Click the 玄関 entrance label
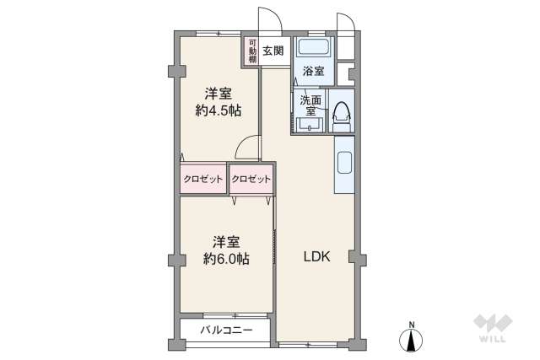pos(272,51)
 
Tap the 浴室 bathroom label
pos(314,73)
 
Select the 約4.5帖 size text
pos(219,110)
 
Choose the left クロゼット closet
pos(203,179)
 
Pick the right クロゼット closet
pos(251,179)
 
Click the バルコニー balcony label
pos(225,329)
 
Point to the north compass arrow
pos(412,341)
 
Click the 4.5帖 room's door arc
pos(247,148)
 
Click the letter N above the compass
pos(412,325)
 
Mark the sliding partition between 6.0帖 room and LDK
pos(275,253)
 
